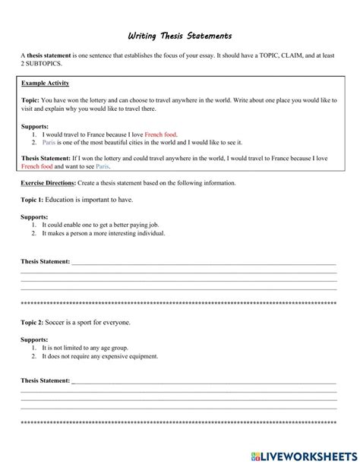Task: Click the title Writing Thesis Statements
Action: point(180,36)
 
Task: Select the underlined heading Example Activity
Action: point(45,81)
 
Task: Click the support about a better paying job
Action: point(98,226)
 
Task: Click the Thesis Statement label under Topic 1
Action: point(45,261)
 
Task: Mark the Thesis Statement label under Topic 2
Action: point(45,380)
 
